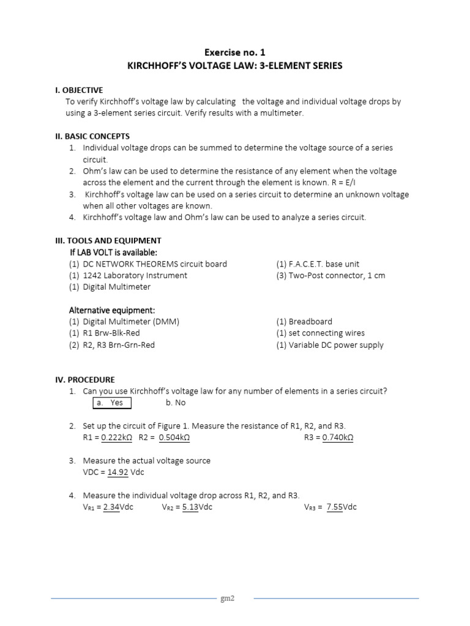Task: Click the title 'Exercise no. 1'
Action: point(235,53)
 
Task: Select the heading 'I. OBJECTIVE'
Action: point(79,90)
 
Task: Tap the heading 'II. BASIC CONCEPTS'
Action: point(92,136)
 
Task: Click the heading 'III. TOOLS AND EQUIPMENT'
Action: point(108,241)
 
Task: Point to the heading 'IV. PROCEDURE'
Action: point(84,380)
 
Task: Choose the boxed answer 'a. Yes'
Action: point(111,403)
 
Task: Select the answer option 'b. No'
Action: point(176,403)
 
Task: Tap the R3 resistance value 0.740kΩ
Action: point(340,438)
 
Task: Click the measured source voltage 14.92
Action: point(118,473)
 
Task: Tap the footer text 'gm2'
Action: point(228,598)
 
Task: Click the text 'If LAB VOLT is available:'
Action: point(114,252)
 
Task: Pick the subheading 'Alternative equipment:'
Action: point(112,310)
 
